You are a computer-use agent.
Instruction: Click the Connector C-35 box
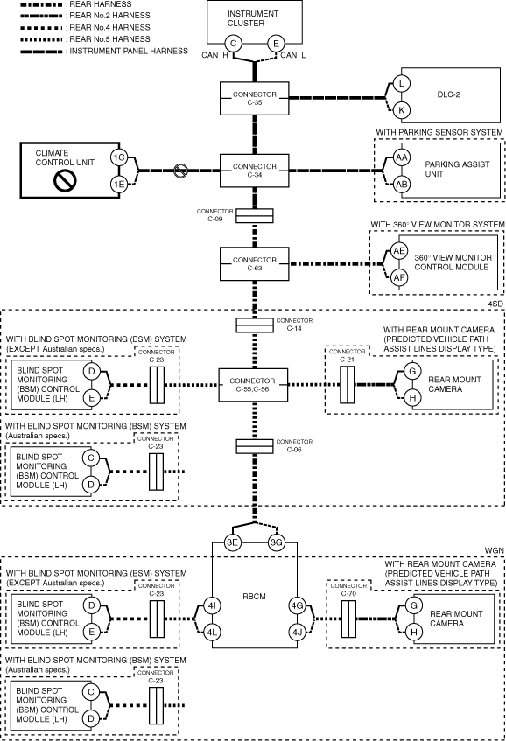[x=255, y=98]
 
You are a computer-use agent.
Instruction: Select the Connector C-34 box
[x=255, y=171]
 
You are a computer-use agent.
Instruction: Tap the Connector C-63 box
[x=255, y=263]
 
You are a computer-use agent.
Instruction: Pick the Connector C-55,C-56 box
[x=253, y=385]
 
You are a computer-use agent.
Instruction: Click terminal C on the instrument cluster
[x=233, y=44]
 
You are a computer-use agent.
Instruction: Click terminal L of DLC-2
[x=402, y=84]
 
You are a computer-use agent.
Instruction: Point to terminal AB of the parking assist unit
[x=402, y=184]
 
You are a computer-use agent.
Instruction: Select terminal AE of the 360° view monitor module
[x=399, y=250]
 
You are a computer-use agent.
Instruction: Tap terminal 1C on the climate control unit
[x=119, y=157]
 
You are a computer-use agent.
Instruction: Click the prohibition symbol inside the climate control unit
[x=65, y=180]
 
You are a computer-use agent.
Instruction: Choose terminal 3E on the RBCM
[x=232, y=542]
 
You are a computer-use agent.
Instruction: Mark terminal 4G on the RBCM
[x=297, y=605]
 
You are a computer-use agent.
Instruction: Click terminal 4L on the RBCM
[x=212, y=632]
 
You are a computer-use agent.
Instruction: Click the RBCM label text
[x=254, y=597]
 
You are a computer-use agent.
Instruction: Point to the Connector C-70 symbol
[x=348, y=619]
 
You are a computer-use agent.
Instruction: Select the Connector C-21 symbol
[x=347, y=385]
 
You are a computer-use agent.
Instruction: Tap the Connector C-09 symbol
[x=255, y=216]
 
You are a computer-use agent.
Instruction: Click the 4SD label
[x=495, y=304]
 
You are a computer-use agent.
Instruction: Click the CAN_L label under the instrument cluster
[x=292, y=55]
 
